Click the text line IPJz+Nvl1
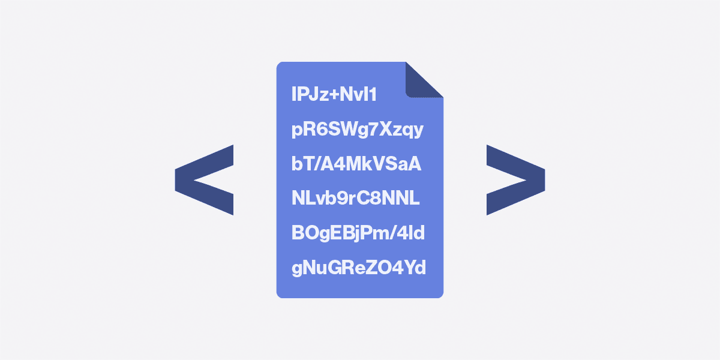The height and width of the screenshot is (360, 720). [x=334, y=94]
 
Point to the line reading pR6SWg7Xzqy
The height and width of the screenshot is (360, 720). [x=358, y=129]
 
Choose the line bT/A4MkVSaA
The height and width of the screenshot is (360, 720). [x=356, y=164]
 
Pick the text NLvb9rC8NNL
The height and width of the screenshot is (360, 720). [x=355, y=199]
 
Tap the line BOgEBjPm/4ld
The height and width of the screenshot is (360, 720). [x=358, y=233]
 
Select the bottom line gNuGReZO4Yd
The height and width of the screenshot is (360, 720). [x=359, y=268]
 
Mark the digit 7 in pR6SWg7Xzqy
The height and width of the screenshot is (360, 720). [x=366, y=129]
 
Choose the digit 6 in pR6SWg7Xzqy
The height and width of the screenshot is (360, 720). [x=320, y=129]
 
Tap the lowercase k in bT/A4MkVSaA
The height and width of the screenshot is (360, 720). [x=371, y=164]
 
